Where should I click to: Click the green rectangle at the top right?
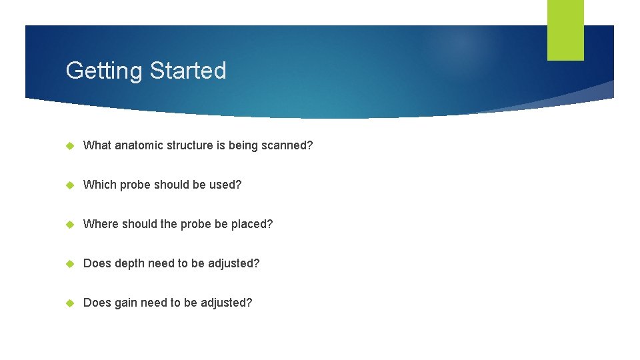coord(565,30)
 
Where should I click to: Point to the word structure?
coord(189,145)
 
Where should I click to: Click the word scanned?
coord(287,145)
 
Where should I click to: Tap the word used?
coord(228,185)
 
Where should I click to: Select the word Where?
coord(99,224)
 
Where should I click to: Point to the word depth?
coord(129,263)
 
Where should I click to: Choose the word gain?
coord(126,303)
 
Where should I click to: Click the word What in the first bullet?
coord(97,145)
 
